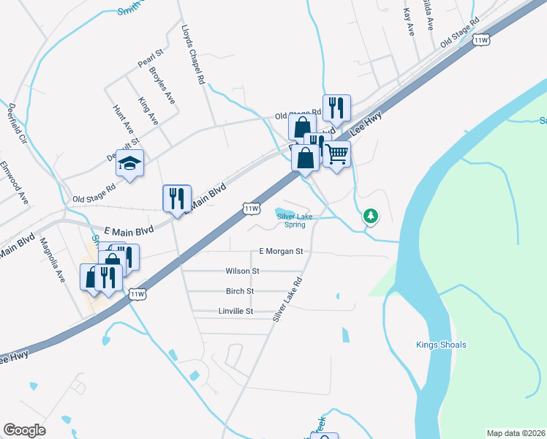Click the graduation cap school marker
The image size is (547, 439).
tap(129, 164)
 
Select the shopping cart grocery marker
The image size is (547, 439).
tap(336, 154)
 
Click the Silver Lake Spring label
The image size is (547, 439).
tap(295, 219)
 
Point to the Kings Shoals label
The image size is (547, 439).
tap(441, 345)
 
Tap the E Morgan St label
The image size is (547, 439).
tap(281, 251)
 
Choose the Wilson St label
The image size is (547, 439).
tap(242, 271)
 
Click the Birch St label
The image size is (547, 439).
tap(240, 290)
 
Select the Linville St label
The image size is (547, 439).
tap(235, 311)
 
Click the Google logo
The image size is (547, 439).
tap(24, 429)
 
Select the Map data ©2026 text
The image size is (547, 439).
tap(515, 432)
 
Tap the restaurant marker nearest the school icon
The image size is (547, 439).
tap(176, 198)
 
